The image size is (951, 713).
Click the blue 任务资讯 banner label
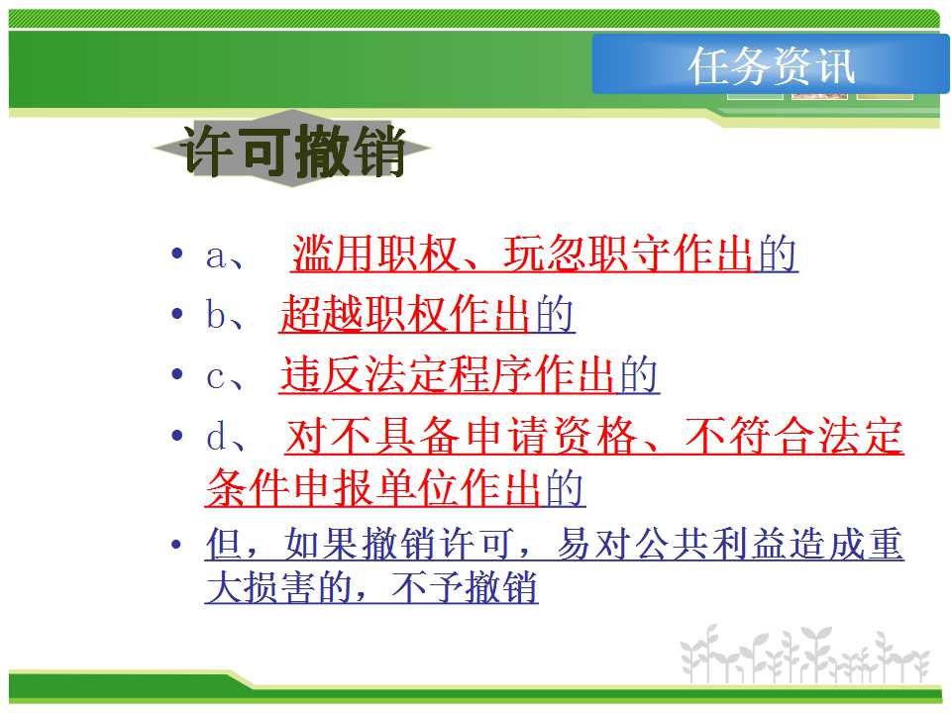pos(772,65)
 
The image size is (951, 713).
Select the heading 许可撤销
pos(294,150)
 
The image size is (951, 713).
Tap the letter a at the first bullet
pos(216,255)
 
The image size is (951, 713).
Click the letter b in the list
pos(216,314)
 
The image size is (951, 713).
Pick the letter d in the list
pos(217,436)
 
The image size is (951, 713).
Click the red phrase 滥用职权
pos(374,254)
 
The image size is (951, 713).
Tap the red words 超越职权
pos(363,314)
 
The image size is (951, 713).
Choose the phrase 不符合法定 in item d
pos(794,436)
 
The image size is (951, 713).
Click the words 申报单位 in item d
pos(373,488)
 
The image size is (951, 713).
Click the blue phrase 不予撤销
pos(466,587)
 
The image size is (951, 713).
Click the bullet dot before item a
pos(177,253)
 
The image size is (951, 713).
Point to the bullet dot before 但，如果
pos(176,544)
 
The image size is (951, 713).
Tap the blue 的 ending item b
pos(555,314)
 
